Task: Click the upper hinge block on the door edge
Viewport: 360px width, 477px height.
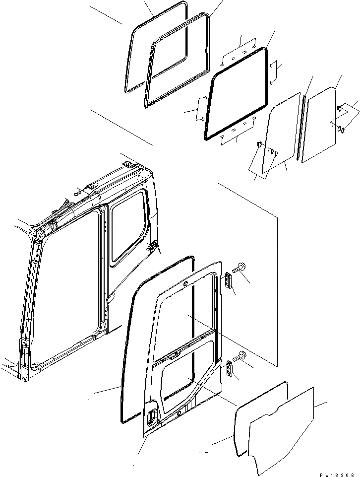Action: pos(229,280)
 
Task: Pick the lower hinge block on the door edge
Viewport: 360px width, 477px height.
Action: pos(230,369)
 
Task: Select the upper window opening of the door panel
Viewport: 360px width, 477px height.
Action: pos(186,318)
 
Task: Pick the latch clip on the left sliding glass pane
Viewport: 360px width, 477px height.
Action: pos(259,144)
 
